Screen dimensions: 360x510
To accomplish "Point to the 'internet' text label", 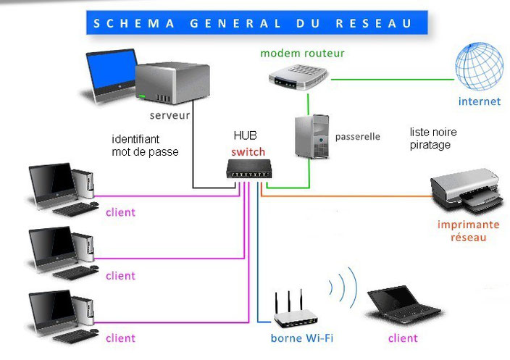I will [x=479, y=101].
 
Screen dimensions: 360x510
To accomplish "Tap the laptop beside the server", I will [x=110, y=75].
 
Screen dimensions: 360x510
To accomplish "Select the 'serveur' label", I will [x=170, y=115].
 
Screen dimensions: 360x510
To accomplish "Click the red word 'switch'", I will [x=248, y=152].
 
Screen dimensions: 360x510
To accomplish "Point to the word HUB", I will [x=245, y=135].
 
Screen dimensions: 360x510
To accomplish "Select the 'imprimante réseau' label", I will [x=468, y=231].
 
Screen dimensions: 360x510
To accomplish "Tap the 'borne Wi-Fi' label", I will [x=302, y=338].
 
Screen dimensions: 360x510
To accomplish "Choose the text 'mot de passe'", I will [x=146, y=151].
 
